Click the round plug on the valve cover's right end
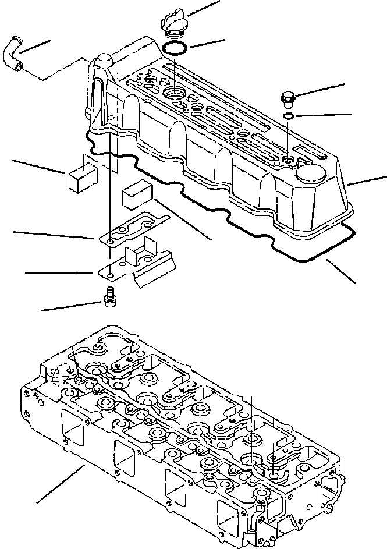[310, 173]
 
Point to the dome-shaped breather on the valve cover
[103, 61]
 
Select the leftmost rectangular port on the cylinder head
[70, 431]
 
